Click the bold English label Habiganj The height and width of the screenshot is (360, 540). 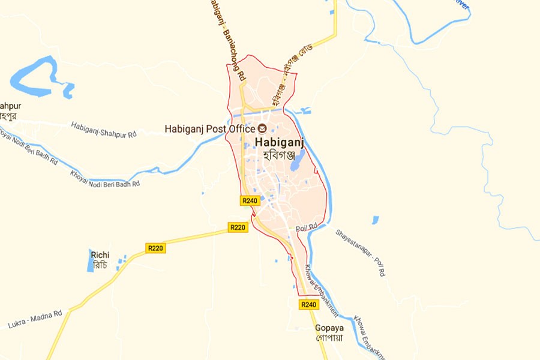280,142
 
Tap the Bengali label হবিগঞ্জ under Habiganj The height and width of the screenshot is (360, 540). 280,155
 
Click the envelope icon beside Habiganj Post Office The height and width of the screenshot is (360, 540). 262,128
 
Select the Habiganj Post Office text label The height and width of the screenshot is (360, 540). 209,128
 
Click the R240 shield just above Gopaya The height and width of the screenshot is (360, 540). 308,305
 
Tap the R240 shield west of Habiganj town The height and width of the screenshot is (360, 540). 250,200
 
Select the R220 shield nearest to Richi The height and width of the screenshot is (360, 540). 155,247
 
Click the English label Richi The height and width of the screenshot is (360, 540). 100,255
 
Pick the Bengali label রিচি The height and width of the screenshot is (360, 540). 100,265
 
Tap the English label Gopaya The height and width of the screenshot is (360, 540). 329,328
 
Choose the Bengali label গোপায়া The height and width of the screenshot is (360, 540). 329,338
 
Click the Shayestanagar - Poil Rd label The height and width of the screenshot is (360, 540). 360,252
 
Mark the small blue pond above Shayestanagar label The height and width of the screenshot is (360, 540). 375,220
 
